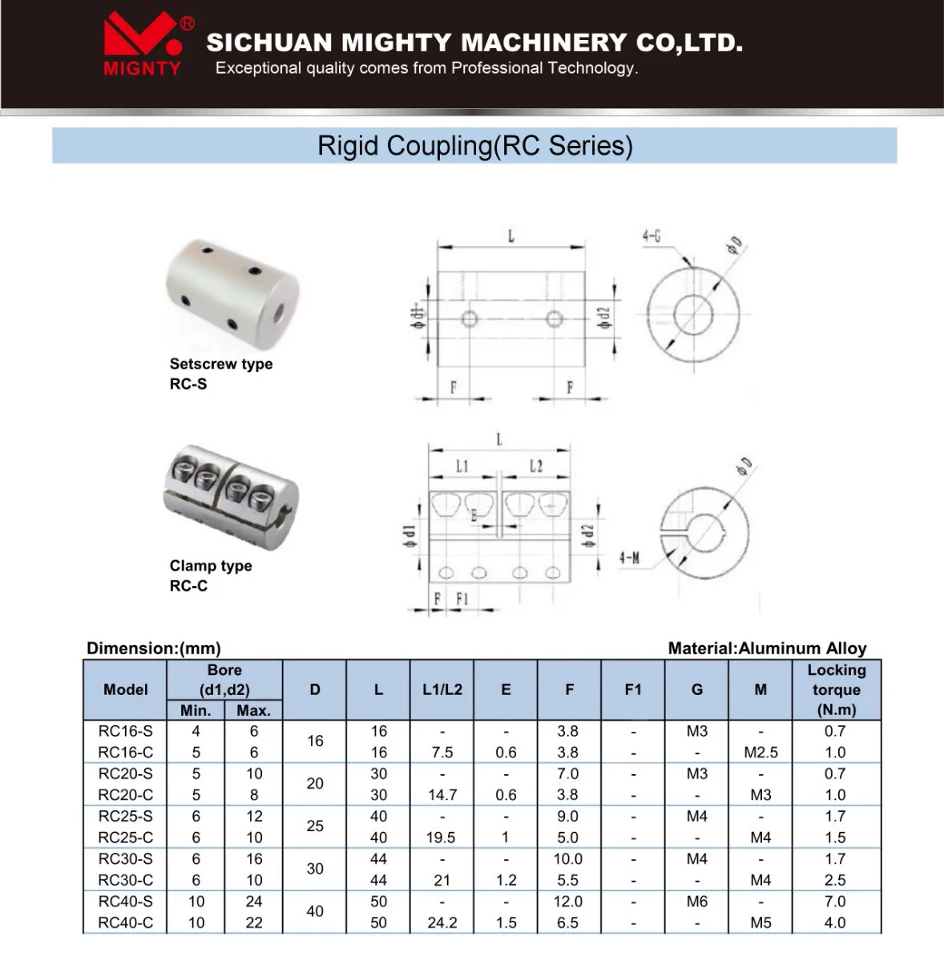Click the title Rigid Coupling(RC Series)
[x=474, y=146]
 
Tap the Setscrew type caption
[x=220, y=364]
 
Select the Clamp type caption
[x=211, y=566]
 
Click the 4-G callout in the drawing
[x=651, y=236]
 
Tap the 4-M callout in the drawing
[x=629, y=558]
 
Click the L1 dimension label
[x=462, y=466]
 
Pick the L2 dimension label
[x=535, y=466]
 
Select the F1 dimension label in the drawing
[x=462, y=599]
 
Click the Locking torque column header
[x=836, y=689]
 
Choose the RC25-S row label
[x=125, y=816]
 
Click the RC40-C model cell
[x=125, y=923]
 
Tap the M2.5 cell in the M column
[x=760, y=753]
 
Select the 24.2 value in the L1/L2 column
[x=442, y=923]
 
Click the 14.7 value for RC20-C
[x=442, y=795]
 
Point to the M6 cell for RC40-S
[x=696, y=902]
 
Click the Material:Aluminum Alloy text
[x=767, y=648]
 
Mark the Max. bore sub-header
[x=253, y=710]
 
